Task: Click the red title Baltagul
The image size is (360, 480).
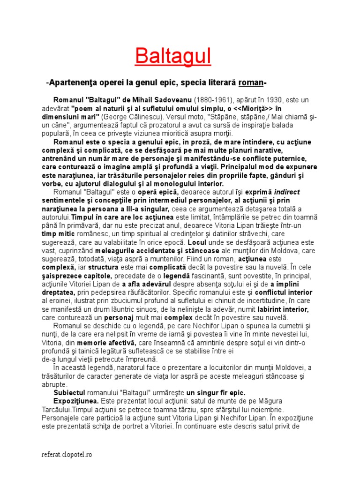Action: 173,57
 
